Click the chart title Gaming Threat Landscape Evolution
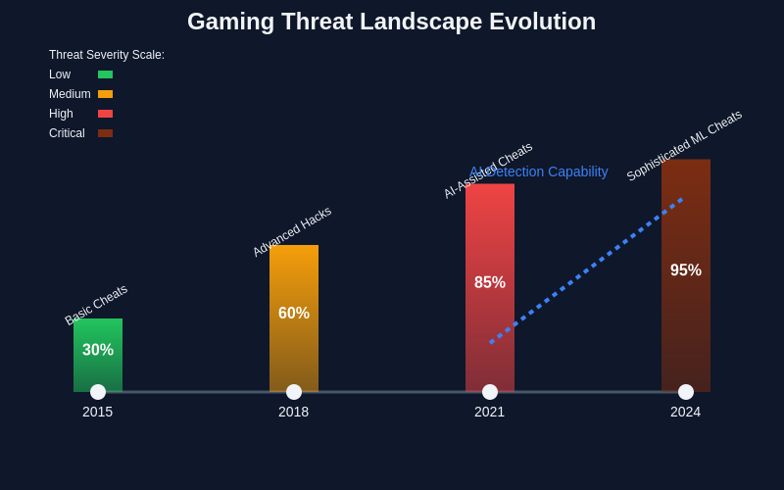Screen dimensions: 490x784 [391, 22]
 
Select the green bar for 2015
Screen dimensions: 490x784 [98, 372]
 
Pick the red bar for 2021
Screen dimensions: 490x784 [490, 235]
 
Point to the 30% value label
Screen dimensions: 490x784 [98, 350]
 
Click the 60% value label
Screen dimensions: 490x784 [294, 314]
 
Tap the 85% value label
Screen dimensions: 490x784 [490, 282]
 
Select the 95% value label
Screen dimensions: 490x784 [686, 270]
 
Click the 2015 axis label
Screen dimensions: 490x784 [98, 412]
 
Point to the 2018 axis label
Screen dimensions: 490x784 [294, 412]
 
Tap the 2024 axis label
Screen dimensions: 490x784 [686, 412]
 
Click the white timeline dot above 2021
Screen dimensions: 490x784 [490, 392]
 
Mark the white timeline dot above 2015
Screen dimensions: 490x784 [98, 392]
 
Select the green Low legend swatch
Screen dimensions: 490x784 [105, 74]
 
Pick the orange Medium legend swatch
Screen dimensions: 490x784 [105, 94]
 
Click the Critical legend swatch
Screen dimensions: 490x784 [105, 133]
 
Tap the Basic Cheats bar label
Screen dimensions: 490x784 [96, 305]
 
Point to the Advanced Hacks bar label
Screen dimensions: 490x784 [292, 231]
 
